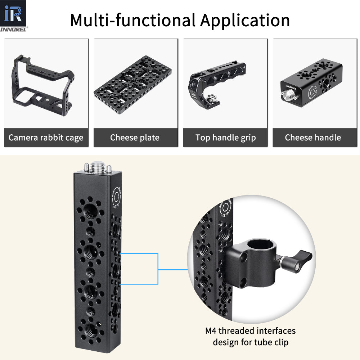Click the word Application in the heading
tap(245, 20)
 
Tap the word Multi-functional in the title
tap(133, 20)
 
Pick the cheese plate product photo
tap(135, 83)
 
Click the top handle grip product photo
tap(225, 83)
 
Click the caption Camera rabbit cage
tap(46, 138)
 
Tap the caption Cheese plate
tap(135, 138)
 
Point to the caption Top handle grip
tap(225, 138)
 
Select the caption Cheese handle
tap(313, 138)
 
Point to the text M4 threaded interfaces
tap(250, 330)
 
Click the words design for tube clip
tap(250, 342)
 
